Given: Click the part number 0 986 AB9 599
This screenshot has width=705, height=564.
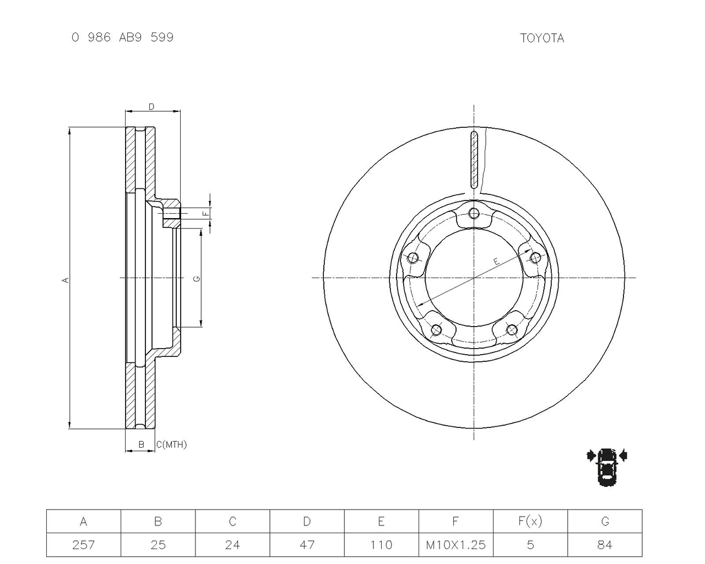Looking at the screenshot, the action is pyautogui.click(x=122, y=37).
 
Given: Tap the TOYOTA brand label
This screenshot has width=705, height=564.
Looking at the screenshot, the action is pyautogui.click(x=542, y=39).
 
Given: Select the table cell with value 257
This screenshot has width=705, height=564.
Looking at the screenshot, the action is pyautogui.click(x=84, y=545).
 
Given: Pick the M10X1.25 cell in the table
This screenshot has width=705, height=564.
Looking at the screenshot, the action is pyautogui.click(x=455, y=545).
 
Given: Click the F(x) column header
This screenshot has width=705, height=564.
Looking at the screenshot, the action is pyautogui.click(x=530, y=521).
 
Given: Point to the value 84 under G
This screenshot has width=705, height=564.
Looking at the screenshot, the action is pyautogui.click(x=605, y=545).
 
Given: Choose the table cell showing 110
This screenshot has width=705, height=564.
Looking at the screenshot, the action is pyautogui.click(x=381, y=545).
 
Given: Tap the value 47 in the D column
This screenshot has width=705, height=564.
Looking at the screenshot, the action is pyautogui.click(x=307, y=545).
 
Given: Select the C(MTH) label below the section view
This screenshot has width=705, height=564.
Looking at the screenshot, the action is pyautogui.click(x=171, y=444).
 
